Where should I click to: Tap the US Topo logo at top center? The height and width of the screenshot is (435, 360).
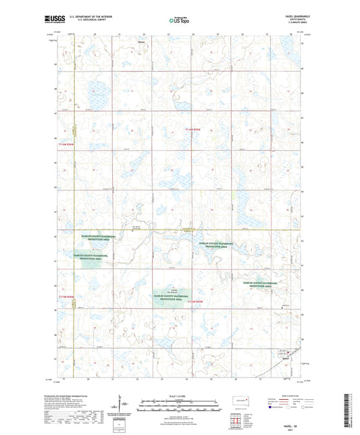tap(179, 21)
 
